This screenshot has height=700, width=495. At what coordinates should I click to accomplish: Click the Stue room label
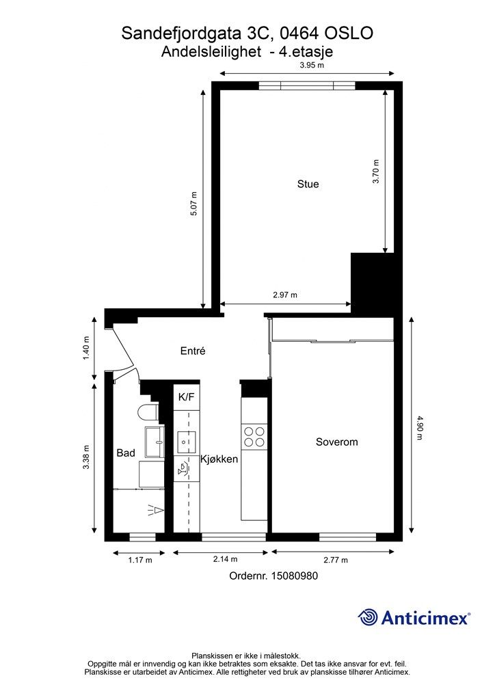[308, 184]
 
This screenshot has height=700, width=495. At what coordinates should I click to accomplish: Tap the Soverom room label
[336, 442]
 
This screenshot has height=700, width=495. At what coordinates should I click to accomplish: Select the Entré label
[193, 351]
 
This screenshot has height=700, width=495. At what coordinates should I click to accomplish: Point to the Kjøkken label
[219, 459]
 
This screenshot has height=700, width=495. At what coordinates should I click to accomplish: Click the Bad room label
[126, 453]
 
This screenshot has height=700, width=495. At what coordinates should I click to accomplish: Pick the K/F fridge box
[186, 397]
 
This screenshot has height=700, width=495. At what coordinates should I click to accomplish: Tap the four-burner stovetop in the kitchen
[254, 437]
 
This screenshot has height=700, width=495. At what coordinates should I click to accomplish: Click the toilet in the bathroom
[148, 412]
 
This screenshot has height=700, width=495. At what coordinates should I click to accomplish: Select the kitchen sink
[187, 443]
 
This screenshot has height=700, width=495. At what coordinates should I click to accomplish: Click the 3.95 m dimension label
[312, 65]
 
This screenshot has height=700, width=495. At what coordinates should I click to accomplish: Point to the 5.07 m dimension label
[193, 204]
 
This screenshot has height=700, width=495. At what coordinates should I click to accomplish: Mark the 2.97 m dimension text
[285, 295]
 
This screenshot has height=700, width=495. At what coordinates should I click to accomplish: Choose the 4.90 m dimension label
[419, 428]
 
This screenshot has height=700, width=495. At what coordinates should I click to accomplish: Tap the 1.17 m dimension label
[140, 560]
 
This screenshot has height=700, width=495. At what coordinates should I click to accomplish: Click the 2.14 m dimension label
[225, 559]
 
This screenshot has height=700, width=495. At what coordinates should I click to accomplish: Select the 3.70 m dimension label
[376, 171]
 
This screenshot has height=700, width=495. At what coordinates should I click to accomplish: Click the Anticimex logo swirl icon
[368, 618]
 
